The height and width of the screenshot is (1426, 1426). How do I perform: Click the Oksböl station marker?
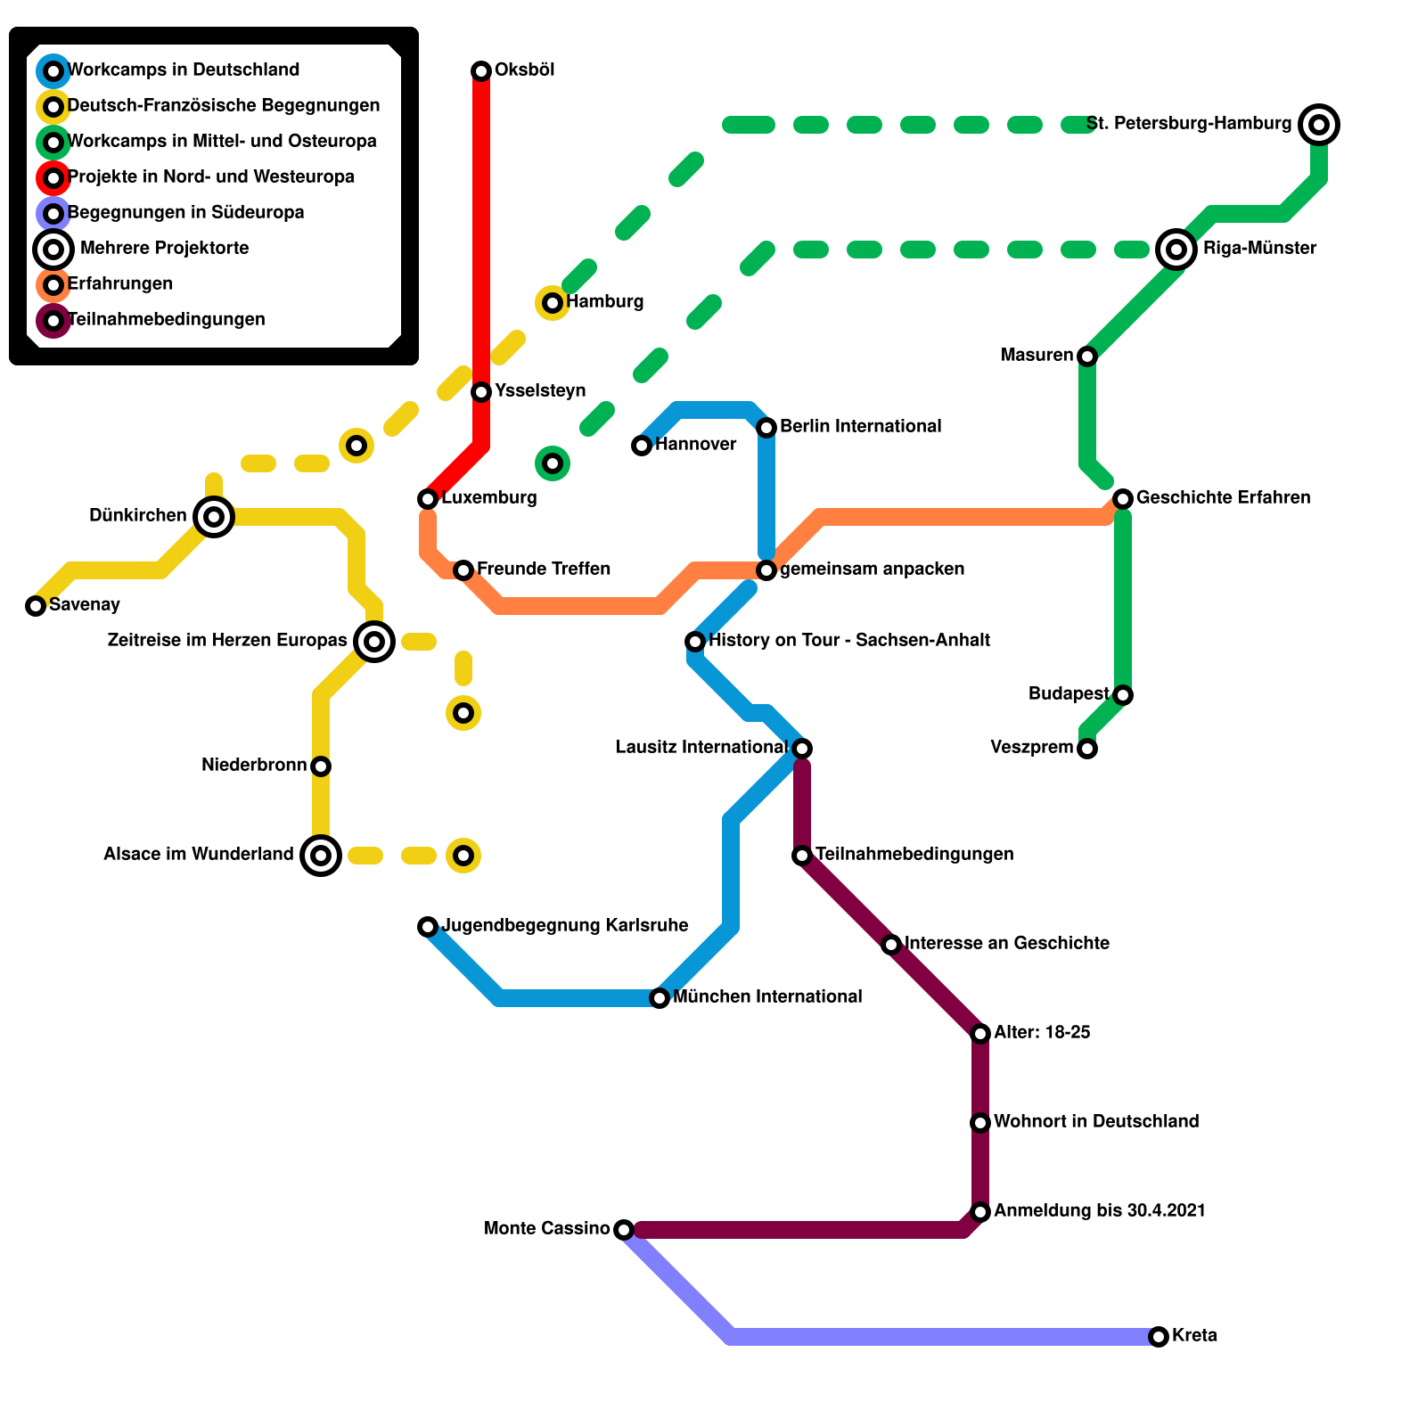(481, 71)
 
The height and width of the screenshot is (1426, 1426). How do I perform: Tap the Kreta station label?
(1194, 1336)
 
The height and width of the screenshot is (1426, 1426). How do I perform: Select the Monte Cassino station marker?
(624, 1230)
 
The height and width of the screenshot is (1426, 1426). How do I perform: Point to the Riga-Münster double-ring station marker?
(1176, 250)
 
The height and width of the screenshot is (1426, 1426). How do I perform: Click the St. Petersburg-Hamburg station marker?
(1319, 125)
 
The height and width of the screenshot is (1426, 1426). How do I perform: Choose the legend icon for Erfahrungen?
(53, 285)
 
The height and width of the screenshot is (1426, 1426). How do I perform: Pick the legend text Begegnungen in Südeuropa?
(185, 213)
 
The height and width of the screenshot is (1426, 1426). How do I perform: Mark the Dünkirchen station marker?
(214, 517)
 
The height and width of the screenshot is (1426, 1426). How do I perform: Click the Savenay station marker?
(36, 606)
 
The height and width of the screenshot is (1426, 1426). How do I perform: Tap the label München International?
(767, 997)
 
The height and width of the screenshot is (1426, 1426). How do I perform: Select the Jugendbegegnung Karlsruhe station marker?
(428, 927)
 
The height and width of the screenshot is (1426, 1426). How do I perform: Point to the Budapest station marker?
(1123, 695)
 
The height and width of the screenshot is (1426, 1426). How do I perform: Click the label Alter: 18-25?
(1042, 1033)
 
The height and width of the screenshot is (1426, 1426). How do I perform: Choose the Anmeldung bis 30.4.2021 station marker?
(980, 1212)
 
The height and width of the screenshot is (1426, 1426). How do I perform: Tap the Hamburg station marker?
(553, 303)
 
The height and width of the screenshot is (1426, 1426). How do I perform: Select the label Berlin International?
(860, 427)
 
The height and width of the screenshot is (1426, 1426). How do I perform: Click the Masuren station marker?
(1087, 356)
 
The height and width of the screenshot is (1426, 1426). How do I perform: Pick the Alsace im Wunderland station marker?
(321, 856)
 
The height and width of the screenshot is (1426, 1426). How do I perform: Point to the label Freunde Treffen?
(544, 570)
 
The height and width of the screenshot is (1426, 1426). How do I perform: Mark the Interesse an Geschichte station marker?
(891, 945)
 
